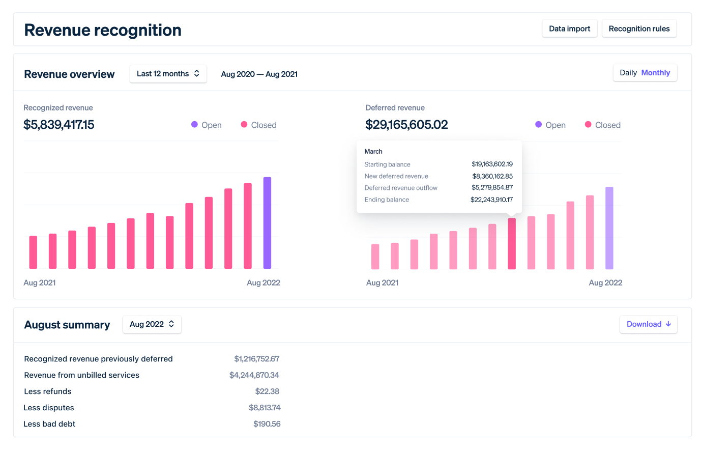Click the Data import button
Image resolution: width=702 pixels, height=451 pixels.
pyautogui.click(x=569, y=29)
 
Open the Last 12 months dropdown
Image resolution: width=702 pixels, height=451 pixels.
pyautogui.click(x=168, y=74)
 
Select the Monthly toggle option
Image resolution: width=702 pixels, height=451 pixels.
pyautogui.click(x=655, y=73)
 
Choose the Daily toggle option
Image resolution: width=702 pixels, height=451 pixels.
pyautogui.click(x=628, y=73)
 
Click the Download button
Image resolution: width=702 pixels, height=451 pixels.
pyautogui.click(x=648, y=324)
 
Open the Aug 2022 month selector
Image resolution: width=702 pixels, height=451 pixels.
pyautogui.click(x=152, y=324)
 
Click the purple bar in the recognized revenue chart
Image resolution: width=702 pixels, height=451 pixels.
pyautogui.click(x=267, y=223)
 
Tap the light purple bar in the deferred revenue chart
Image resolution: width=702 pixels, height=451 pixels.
pyautogui.click(x=609, y=228)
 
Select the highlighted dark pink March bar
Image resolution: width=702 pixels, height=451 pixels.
pyautogui.click(x=512, y=243)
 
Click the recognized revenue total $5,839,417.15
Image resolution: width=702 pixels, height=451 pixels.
pyautogui.click(x=59, y=125)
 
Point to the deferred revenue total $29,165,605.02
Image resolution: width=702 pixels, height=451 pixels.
pyautogui.click(x=406, y=125)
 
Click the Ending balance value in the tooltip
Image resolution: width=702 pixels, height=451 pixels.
pyautogui.click(x=491, y=200)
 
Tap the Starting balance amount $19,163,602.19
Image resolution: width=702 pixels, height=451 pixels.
pyautogui.click(x=492, y=164)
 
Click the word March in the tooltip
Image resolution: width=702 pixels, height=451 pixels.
pyautogui.click(x=373, y=152)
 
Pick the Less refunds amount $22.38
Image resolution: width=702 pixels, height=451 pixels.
pyautogui.click(x=267, y=391)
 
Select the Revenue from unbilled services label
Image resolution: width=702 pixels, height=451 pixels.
pyautogui.click(x=81, y=375)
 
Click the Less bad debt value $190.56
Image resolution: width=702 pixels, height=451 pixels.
pyautogui.click(x=267, y=424)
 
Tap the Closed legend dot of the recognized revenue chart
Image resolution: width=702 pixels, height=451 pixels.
pyautogui.click(x=244, y=125)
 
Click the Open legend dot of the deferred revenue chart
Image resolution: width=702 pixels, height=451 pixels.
pyautogui.click(x=538, y=125)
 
